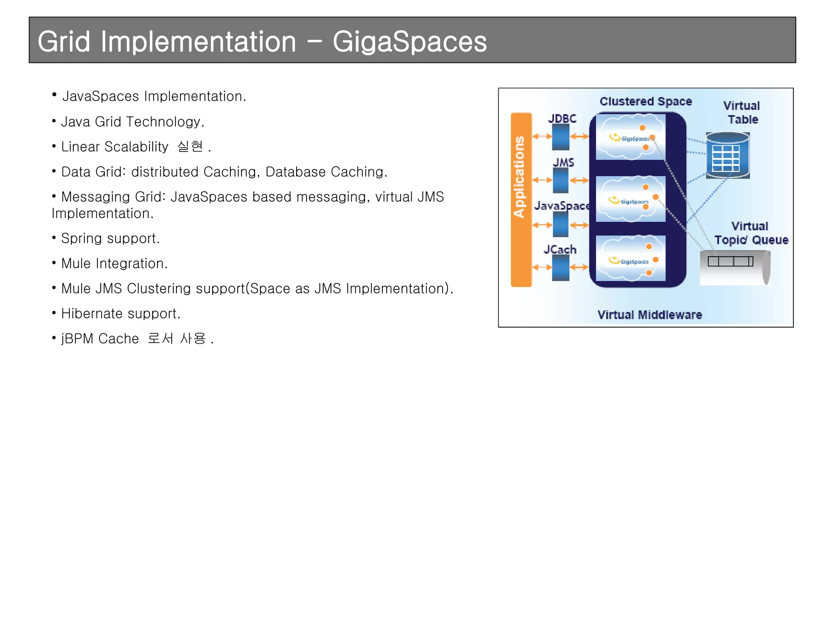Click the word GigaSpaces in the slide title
(409, 42)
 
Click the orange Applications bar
(521, 199)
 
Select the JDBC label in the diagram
(562, 118)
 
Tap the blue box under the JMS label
(560, 181)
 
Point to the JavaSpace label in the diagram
(562, 206)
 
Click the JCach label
(560, 249)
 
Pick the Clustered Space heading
(645, 102)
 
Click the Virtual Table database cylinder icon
(728, 156)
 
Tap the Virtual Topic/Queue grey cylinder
(735, 268)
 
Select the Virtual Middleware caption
(649, 315)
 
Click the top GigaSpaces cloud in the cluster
(630, 137)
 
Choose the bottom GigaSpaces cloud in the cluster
(630, 258)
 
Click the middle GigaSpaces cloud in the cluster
(630, 199)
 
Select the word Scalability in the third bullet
(136, 147)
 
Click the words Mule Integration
(114, 264)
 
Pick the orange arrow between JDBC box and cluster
(579, 137)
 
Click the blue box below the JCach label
(560, 268)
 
